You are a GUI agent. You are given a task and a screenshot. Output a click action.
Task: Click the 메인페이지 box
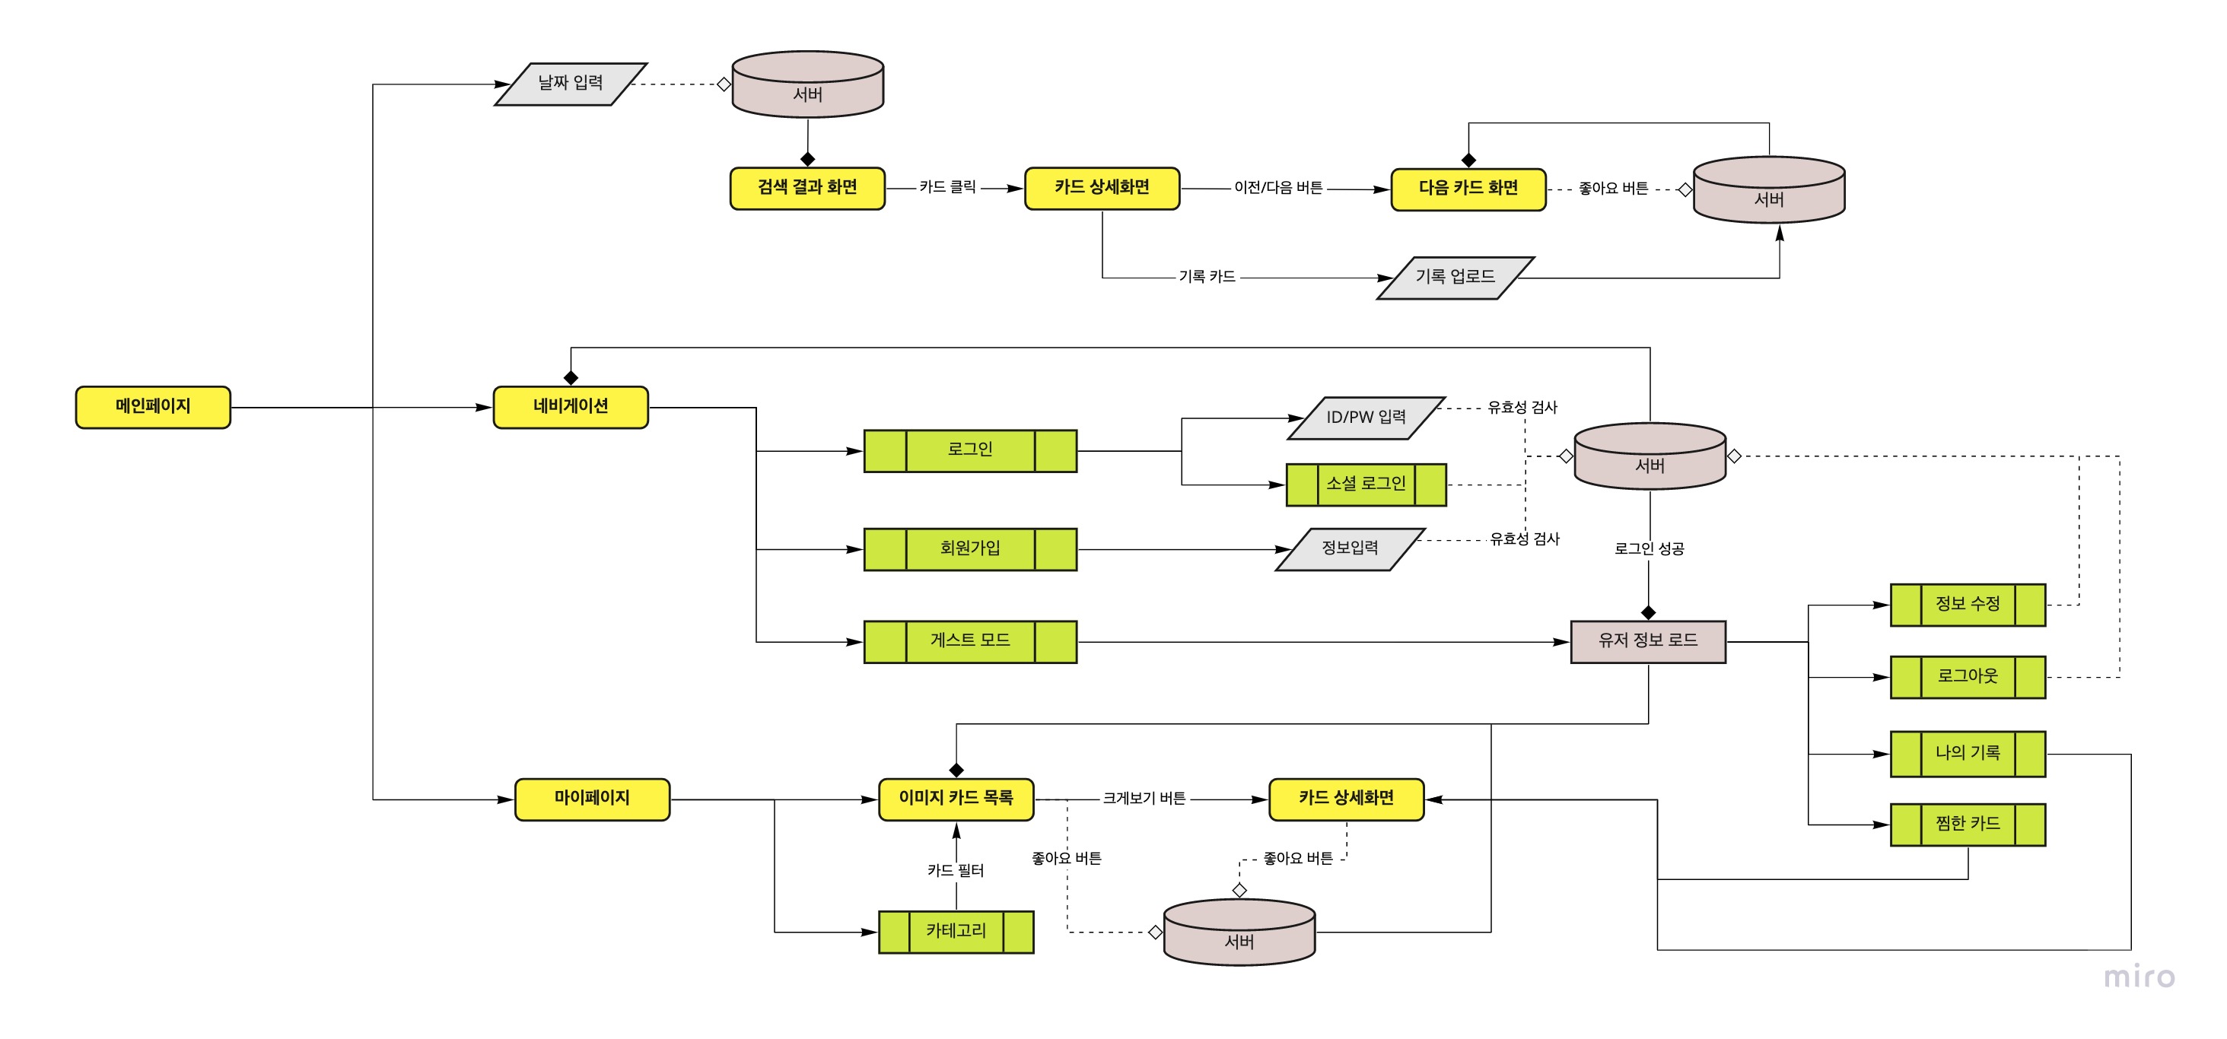click(153, 407)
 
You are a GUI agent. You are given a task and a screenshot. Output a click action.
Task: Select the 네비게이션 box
click(571, 407)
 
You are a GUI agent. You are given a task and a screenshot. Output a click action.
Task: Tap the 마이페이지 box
click(592, 799)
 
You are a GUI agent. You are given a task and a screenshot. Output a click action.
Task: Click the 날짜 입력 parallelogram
click(571, 84)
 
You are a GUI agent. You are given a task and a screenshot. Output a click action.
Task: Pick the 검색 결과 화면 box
click(807, 189)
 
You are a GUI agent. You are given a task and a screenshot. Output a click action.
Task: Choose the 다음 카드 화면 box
click(1468, 189)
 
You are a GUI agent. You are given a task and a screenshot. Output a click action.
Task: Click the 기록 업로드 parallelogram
click(1455, 278)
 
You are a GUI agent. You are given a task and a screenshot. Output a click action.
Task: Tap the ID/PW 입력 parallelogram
click(1366, 418)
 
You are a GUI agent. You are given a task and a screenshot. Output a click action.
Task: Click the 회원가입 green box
click(970, 549)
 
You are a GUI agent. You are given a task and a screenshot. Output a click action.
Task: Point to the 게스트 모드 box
click(970, 641)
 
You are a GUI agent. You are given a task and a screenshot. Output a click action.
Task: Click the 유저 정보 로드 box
click(1648, 641)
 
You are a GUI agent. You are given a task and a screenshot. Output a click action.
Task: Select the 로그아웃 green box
click(1968, 677)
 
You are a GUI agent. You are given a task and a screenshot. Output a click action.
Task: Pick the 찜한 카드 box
click(1968, 825)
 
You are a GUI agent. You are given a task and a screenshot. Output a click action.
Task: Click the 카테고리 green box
click(956, 932)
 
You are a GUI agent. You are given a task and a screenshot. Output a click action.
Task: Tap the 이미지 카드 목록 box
click(956, 799)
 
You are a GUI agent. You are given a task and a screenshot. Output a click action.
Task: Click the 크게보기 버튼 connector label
click(1144, 799)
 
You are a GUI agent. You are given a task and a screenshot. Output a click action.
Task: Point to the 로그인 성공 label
click(1649, 549)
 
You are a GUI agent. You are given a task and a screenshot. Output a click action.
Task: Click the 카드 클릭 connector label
click(947, 188)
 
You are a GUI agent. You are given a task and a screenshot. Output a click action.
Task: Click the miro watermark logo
click(2139, 977)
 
